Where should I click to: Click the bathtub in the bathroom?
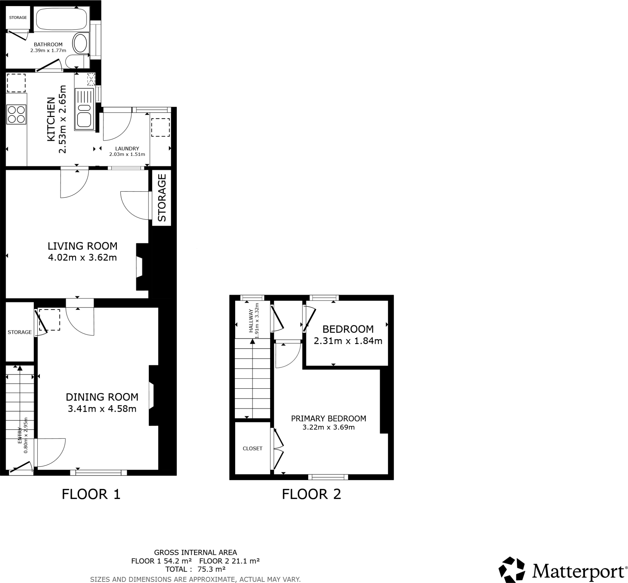tap(61, 19)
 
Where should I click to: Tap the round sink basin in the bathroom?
tap(80, 43)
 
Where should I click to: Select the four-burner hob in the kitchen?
tap(16, 114)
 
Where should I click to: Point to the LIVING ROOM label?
tap(82, 246)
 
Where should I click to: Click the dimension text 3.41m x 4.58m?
tap(102, 409)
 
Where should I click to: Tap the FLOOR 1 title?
tap(91, 494)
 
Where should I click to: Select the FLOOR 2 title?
tap(311, 494)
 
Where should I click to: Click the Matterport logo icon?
tap(512, 570)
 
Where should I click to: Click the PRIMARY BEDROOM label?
tap(328, 418)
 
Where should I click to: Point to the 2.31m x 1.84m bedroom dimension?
tap(348, 341)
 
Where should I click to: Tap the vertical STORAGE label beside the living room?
tap(161, 198)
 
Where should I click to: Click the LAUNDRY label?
tap(127, 148)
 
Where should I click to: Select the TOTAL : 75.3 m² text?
tap(195, 569)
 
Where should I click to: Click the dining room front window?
tap(98, 472)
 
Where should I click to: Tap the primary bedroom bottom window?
tap(328, 477)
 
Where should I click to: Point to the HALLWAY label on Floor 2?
tap(251, 320)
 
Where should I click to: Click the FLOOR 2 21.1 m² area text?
tap(229, 561)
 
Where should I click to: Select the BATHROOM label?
tap(48, 44)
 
